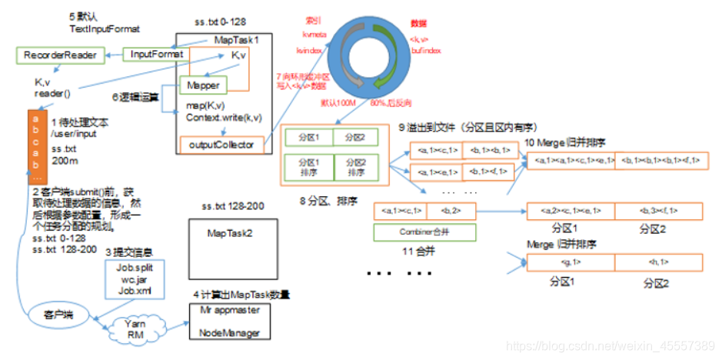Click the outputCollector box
(x=221, y=143)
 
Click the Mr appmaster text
(x=232, y=312)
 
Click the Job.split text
(x=135, y=268)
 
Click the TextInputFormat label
(x=105, y=29)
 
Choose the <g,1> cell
(x=571, y=263)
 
